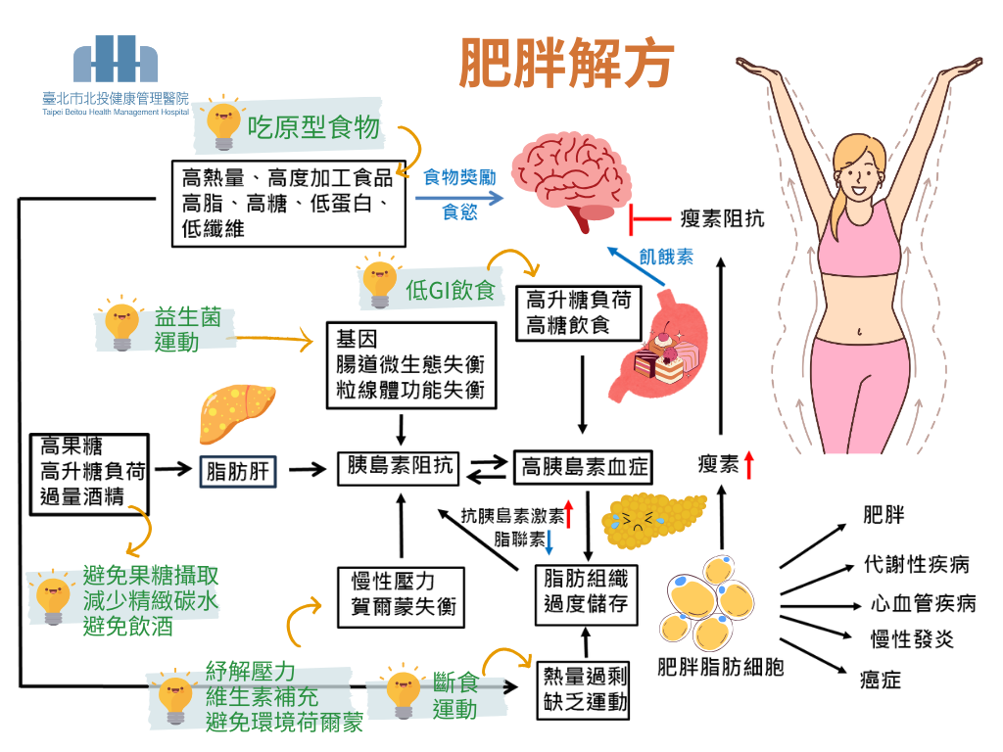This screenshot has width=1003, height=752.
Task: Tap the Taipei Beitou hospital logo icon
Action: click(x=117, y=60)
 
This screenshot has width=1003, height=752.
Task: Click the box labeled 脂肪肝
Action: click(x=238, y=472)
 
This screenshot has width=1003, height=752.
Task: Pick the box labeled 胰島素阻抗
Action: click(x=400, y=467)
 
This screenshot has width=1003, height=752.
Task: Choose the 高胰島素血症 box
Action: click(x=584, y=468)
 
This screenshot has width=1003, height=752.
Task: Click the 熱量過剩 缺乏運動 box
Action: click(x=586, y=688)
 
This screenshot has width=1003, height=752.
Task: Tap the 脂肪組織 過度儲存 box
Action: click(x=586, y=590)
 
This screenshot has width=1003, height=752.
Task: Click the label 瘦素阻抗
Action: click(x=722, y=218)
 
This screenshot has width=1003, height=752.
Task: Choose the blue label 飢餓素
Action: click(x=666, y=257)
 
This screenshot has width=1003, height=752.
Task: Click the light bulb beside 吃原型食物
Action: click(x=223, y=125)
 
